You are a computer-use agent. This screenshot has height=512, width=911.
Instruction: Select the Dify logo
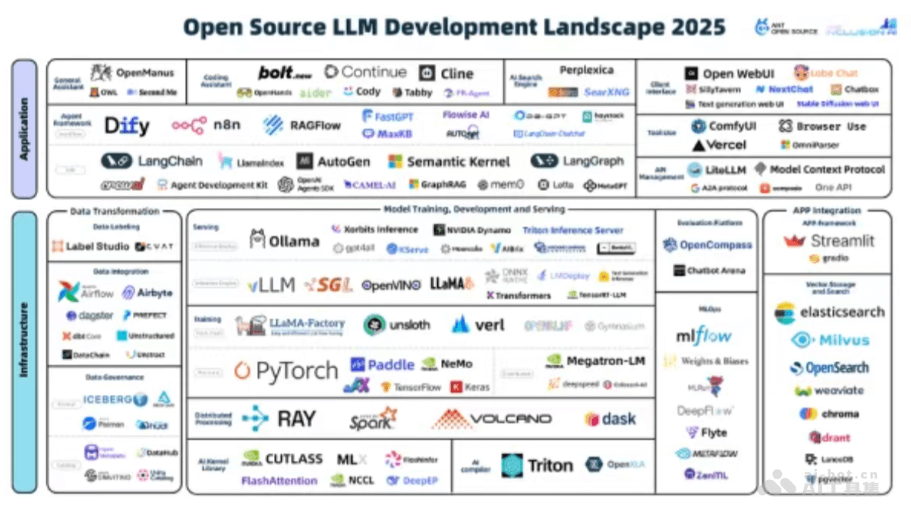(127, 125)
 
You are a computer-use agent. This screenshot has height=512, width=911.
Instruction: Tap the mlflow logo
(704, 335)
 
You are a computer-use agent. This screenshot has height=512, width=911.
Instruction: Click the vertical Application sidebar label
(24, 128)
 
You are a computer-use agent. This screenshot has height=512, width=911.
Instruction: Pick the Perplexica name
(586, 71)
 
